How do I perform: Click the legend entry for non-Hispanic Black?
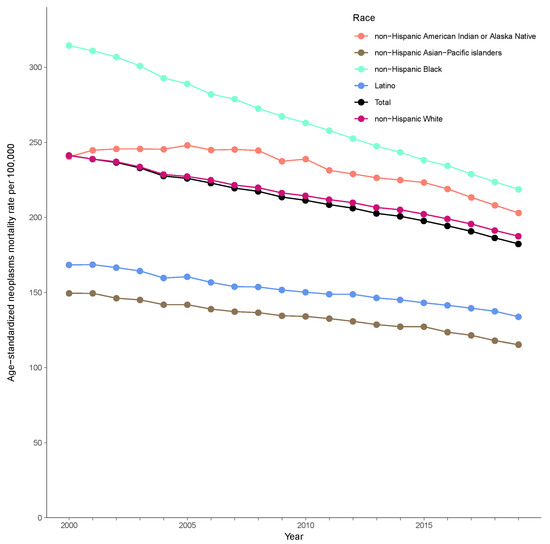pos(408,69)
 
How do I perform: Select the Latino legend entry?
pos(385,86)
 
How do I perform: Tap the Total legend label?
pos(383,102)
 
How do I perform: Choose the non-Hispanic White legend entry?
pos(409,119)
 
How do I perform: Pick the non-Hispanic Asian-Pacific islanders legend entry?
pos(438,53)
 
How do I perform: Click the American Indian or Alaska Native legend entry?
pos(455,36)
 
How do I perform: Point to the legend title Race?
pos(364,18)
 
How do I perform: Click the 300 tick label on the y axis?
pos(35,67)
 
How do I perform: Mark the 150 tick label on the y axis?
pos(35,293)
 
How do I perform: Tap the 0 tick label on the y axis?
pos(40,518)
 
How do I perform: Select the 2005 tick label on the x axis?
pos(187,525)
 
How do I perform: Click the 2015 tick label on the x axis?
pos(424,525)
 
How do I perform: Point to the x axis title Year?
pos(294,537)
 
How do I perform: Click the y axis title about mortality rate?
pos(11,263)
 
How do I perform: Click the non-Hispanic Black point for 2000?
pos(69,46)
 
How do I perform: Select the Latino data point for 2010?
pos(306,292)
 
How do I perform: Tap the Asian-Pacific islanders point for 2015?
pos(424,327)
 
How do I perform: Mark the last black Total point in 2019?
pos(518,244)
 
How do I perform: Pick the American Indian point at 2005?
pos(187,145)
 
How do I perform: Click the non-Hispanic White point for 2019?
pos(518,236)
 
